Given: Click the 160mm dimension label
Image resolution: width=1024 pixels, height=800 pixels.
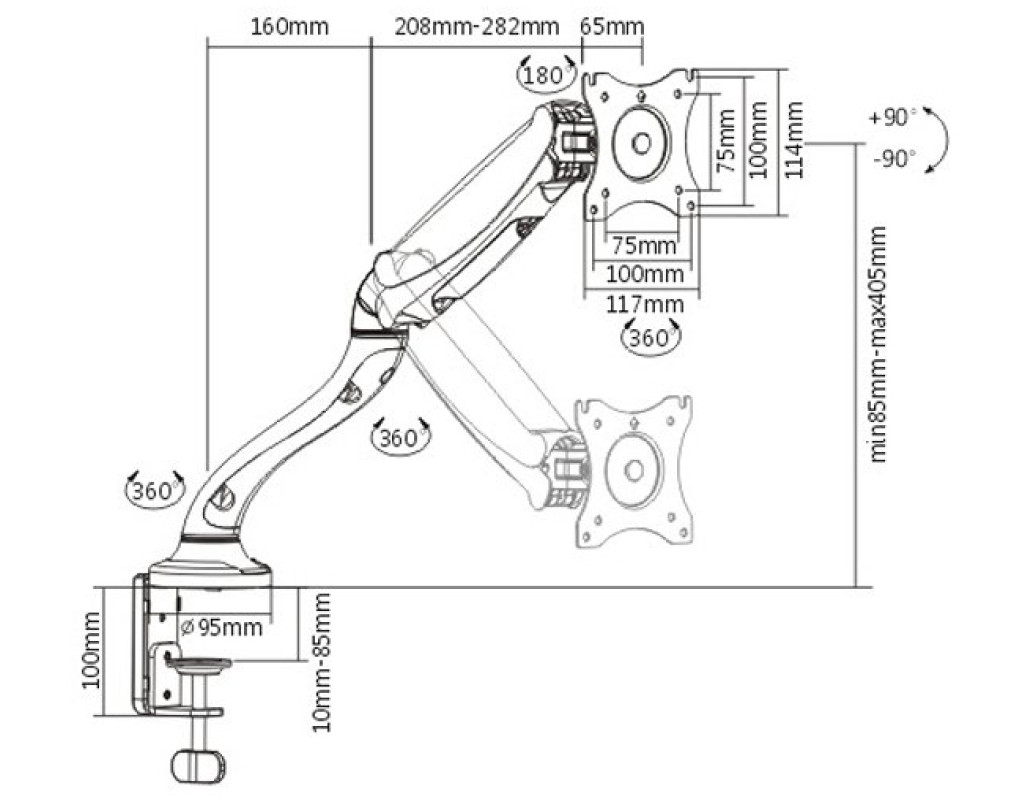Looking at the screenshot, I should pos(289,26).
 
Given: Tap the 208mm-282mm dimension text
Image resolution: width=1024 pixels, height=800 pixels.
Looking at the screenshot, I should pos(476,26).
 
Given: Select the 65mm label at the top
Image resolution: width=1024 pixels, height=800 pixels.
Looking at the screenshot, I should pos(612,26).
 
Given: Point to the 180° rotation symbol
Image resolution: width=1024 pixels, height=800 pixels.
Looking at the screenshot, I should pos(546,74).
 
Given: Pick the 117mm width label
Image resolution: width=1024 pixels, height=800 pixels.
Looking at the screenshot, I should pos(642,305).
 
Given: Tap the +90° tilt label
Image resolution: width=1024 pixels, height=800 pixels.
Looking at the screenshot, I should pos(893,117).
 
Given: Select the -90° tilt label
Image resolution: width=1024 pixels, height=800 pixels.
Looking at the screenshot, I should pos(893,158).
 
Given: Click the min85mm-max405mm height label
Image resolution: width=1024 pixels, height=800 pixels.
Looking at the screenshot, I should pos(879,345).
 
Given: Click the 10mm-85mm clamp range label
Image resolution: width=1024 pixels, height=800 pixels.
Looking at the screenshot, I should pos(321,661).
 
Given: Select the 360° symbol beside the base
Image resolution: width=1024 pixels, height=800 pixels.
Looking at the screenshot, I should pos(154,490).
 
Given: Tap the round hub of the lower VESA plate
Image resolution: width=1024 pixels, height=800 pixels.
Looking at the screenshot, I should pos(632,470).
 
